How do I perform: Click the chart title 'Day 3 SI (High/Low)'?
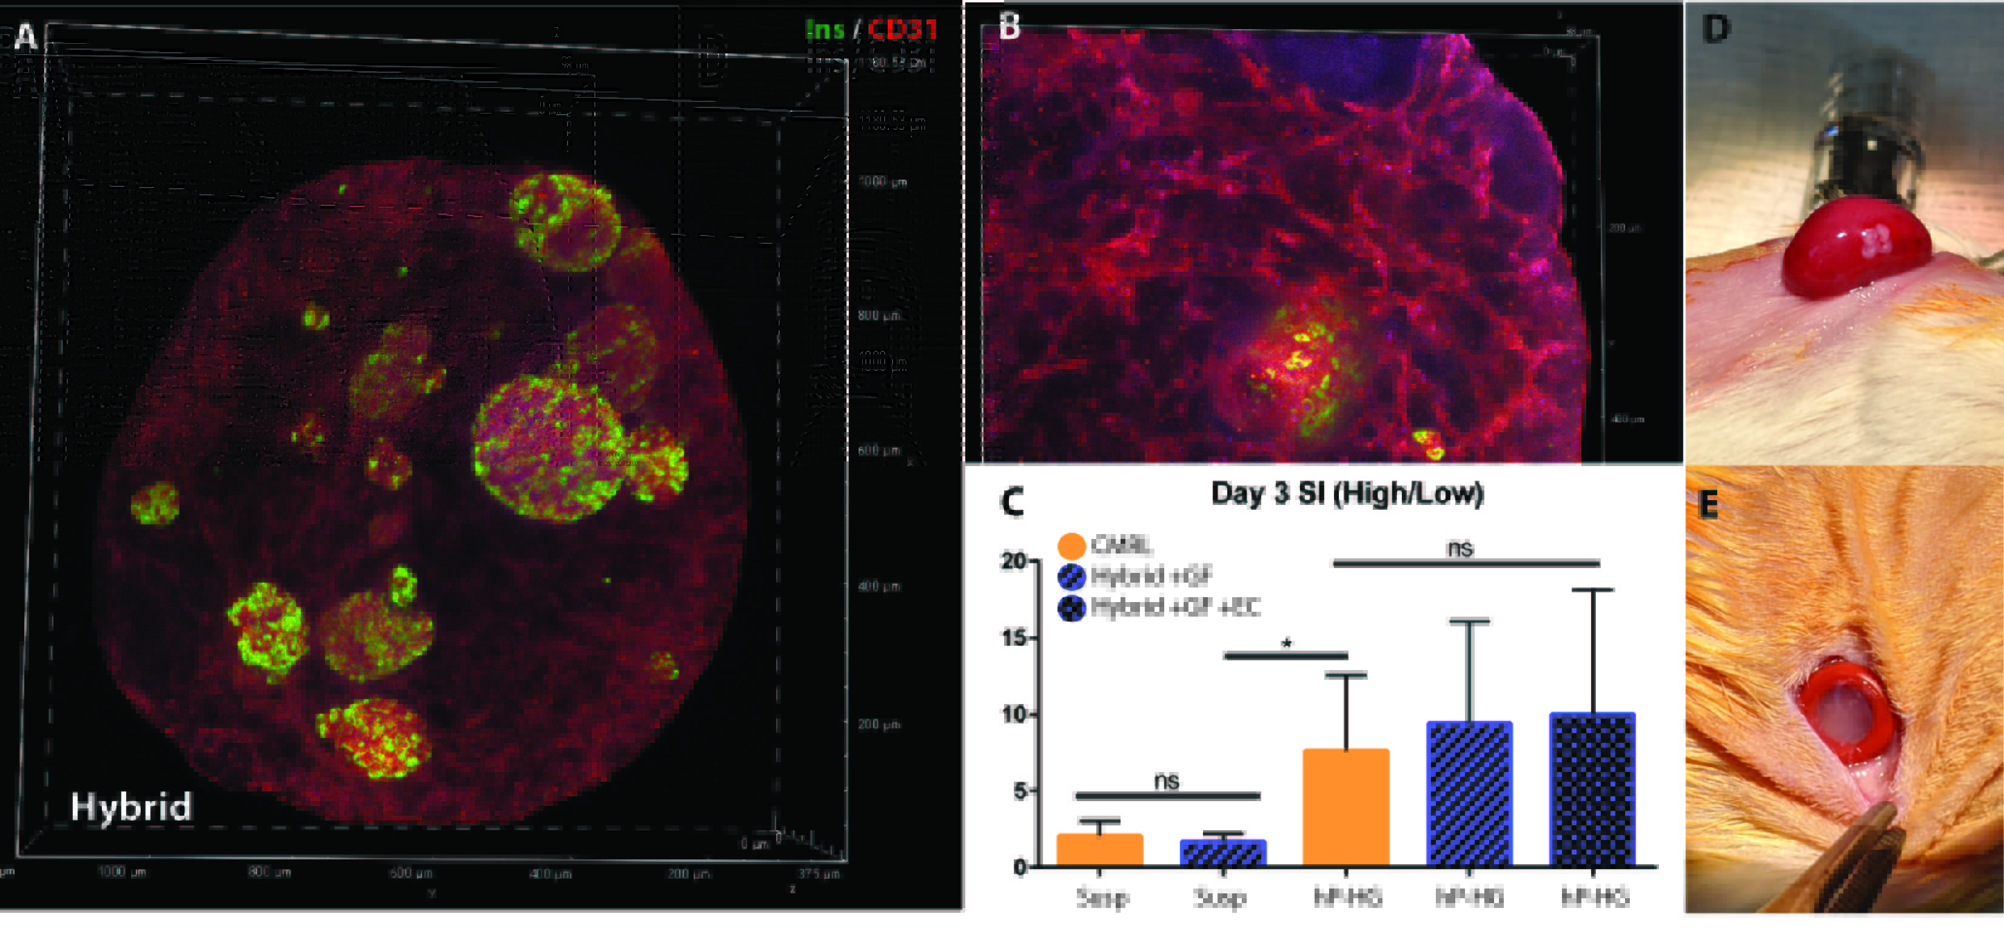tap(1347, 493)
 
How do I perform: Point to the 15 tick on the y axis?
tap(1014, 638)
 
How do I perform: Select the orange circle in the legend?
tap(1072, 546)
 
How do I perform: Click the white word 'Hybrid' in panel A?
tap(131, 807)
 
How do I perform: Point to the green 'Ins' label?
tap(825, 30)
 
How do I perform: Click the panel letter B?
tap(1009, 27)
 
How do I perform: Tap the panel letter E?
tap(1707, 505)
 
